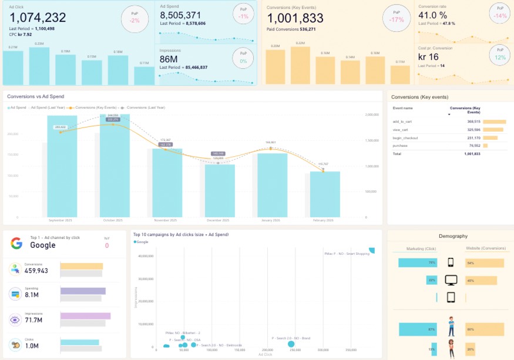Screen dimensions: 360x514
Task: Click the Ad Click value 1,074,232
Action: pos(38,18)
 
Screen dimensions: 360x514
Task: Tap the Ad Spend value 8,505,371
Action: pos(180,15)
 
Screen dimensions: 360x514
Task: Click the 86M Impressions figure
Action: pos(169,59)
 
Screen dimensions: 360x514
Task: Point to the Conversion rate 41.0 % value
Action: pos(433,15)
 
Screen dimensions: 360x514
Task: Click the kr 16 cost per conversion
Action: pos(428,57)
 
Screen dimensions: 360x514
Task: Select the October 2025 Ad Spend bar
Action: pos(115,170)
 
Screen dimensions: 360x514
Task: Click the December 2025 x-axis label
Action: pos(217,220)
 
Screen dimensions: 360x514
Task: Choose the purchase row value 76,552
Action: pos(473,146)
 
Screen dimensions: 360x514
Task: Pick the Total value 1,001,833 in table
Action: pos(472,154)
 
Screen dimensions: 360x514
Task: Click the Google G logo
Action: pos(16,244)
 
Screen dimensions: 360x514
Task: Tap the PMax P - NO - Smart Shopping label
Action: pos(347,254)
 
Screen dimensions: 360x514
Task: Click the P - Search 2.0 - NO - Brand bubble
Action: pos(292,344)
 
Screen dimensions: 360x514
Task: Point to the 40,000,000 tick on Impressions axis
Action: pos(145,256)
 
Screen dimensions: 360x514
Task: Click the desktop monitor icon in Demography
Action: pos(451,280)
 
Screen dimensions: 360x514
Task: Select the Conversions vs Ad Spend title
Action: pos(35,96)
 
